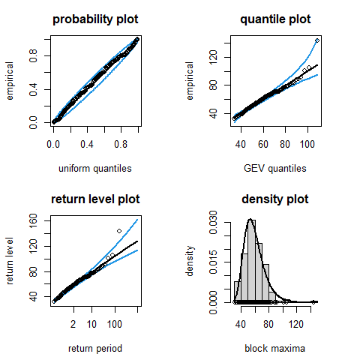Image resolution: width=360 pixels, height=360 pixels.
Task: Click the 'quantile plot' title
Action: pyautogui.click(x=275, y=19)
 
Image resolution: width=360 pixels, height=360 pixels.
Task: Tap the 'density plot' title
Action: pyautogui.click(x=275, y=199)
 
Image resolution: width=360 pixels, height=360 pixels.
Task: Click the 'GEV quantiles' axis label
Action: pyautogui.click(x=275, y=168)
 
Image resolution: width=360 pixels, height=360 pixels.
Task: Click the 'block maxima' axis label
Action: pyautogui.click(x=275, y=348)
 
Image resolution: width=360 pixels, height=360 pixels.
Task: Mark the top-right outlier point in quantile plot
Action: pyautogui.click(x=317, y=40)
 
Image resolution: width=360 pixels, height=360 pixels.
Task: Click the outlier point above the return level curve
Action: pyautogui.click(x=119, y=231)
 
